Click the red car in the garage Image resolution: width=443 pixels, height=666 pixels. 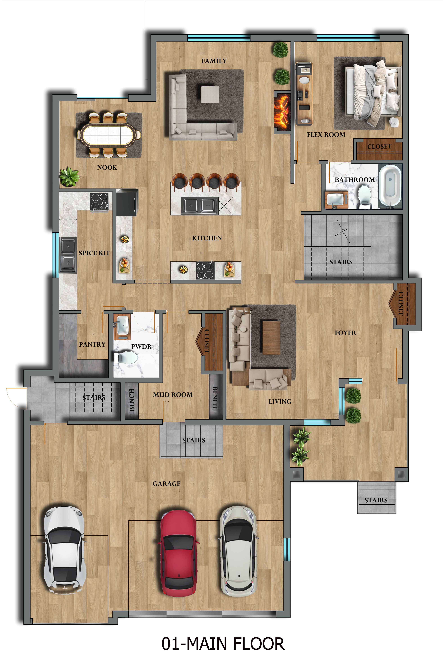coord(178,553)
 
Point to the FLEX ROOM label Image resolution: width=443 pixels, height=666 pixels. coord(326,135)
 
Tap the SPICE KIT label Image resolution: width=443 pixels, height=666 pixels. coord(94,253)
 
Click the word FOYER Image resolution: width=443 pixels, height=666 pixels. coord(345,333)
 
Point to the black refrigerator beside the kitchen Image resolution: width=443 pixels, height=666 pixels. coord(127,202)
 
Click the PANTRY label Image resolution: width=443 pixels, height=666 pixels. coord(92,344)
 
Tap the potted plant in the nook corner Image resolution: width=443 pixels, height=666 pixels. coord(69,177)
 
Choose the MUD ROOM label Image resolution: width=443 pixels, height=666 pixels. coord(173,395)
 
